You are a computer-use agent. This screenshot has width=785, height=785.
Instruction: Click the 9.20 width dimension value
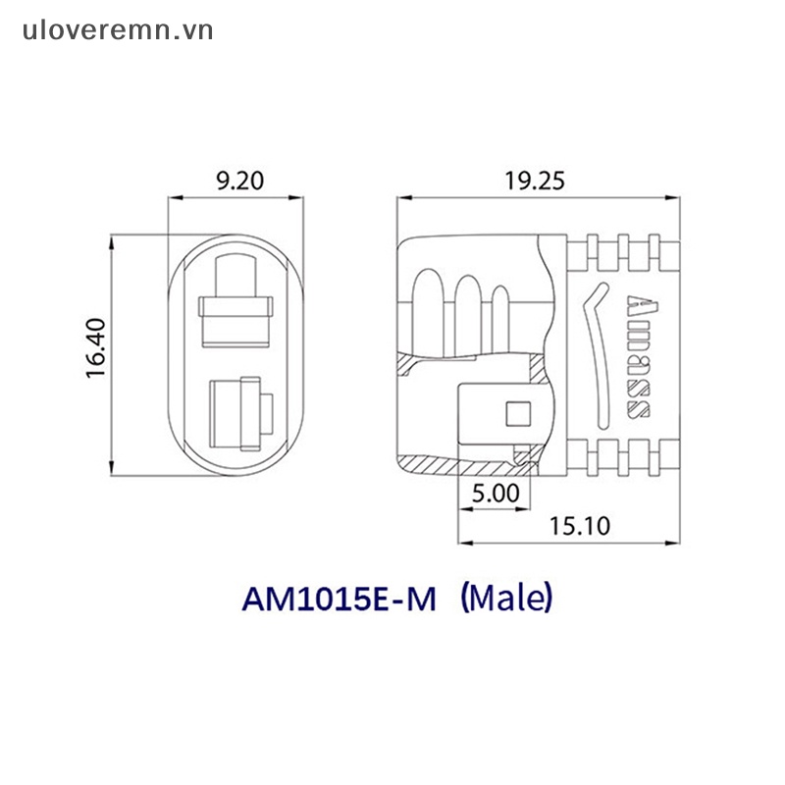tap(235, 180)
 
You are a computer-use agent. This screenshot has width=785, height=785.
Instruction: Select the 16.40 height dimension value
tap(95, 351)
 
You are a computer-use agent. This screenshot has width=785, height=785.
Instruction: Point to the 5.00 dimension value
tap(495, 495)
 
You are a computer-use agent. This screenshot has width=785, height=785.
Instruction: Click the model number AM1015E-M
tap(339, 598)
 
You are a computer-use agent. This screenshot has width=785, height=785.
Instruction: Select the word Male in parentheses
tap(507, 597)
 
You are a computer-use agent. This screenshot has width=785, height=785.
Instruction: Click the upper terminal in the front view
tap(235, 299)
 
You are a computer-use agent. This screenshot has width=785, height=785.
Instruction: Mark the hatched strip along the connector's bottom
tap(471, 464)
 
